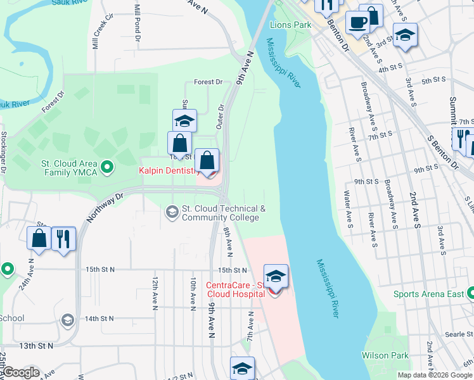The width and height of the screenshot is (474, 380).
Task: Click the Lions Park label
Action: coord(290,25)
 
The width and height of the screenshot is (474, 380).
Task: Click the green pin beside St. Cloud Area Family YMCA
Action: coord(107,167)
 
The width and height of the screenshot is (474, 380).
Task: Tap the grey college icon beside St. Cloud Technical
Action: coord(172,212)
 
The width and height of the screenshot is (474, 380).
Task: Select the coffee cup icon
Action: coord(358,23)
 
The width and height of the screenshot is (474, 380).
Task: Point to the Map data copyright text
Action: coord(434,375)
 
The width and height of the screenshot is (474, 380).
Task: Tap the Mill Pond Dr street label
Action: coord(137,25)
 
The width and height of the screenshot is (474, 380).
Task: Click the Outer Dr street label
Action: coord(221,117)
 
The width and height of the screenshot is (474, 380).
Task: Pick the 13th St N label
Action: coord(36,346)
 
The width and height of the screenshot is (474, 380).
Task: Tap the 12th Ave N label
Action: coord(155,292)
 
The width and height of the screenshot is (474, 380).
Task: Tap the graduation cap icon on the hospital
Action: coord(276,277)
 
